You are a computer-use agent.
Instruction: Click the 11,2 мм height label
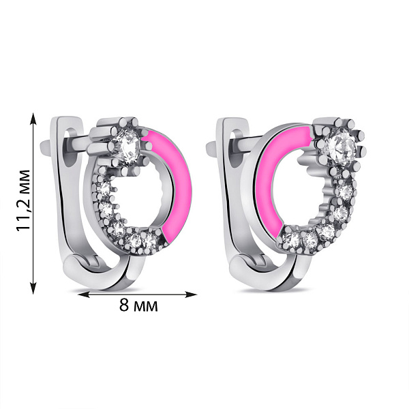(x=24, y=200)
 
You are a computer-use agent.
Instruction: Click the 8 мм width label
(x=138, y=305)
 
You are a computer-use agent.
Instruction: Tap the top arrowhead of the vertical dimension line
(x=33, y=119)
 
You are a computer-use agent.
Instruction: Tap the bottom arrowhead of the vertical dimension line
(x=33, y=288)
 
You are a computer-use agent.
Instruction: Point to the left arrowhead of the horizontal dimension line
(x=84, y=294)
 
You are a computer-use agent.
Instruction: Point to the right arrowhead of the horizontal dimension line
(x=190, y=294)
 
